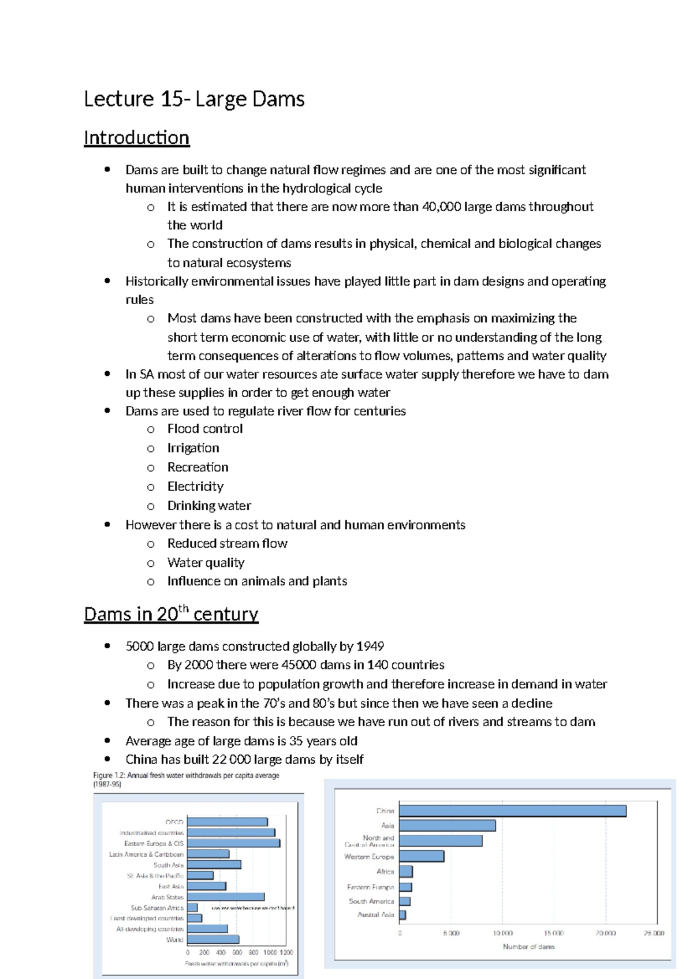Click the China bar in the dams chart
(512, 811)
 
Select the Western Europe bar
(421, 856)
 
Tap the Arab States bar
(225, 897)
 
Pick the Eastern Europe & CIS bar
(233, 843)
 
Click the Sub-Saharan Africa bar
(192, 908)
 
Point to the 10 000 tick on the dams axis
(502, 933)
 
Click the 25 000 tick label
(654, 933)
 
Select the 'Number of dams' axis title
(528, 947)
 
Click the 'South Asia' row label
(168, 865)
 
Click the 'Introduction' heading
(136, 138)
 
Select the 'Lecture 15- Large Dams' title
(194, 99)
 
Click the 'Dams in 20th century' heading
(171, 614)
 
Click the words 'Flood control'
(205, 429)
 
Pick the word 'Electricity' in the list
(195, 487)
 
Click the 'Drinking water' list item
(209, 506)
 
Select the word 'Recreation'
(198, 467)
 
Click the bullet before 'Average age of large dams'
(107, 741)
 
